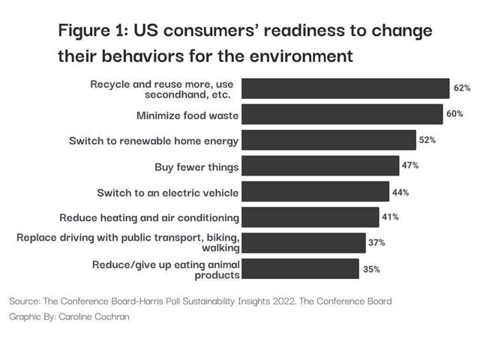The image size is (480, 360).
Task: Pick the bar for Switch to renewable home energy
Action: pyautogui.click(x=329, y=140)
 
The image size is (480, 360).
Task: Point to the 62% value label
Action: pyautogui.click(x=462, y=88)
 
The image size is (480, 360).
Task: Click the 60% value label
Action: pyautogui.click(x=454, y=114)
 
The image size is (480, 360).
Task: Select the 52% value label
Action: pyautogui.click(x=428, y=140)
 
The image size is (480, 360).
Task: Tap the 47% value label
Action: pyautogui.click(x=411, y=166)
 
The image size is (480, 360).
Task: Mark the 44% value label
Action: pyautogui.click(x=400, y=192)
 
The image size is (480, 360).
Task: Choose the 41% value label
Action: pyautogui.click(x=390, y=217)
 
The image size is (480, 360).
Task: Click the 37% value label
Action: pyautogui.click(x=377, y=243)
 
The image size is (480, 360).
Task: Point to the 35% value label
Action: pyautogui.click(x=371, y=268)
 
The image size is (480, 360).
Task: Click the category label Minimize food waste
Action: pyautogui.click(x=187, y=115)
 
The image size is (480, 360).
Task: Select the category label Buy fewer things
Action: pyautogui.click(x=196, y=166)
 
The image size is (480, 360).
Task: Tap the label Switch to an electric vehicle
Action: pyautogui.click(x=167, y=193)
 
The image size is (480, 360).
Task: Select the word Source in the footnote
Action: pyautogui.click(x=25, y=301)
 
